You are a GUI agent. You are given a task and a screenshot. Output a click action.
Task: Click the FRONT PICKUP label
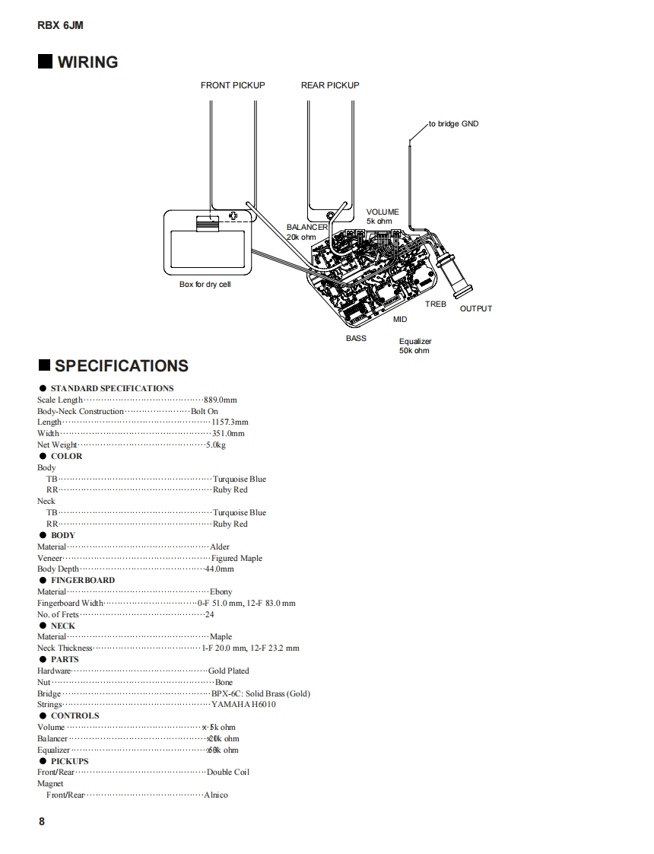(x=233, y=85)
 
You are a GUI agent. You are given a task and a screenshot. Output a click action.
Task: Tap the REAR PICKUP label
(x=330, y=85)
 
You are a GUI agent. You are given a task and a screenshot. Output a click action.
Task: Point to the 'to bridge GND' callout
(x=453, y=123)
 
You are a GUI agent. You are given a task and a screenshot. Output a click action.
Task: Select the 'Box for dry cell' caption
(x=205, y=284)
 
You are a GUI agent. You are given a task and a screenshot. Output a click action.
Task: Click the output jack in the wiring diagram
(x=455, y=276)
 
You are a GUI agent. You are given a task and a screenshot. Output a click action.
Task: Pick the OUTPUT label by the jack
(x=476, y=308)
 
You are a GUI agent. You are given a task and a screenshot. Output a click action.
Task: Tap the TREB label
(x=436, y=304)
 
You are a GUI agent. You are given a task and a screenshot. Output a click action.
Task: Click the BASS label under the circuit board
(x=356, y=338)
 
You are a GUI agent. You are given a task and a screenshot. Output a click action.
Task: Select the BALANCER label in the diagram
(x=307, y=227)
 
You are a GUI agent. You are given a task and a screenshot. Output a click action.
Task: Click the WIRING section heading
(x=87, y=62)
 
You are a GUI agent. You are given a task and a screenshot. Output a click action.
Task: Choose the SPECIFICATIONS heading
(x=121, y=365)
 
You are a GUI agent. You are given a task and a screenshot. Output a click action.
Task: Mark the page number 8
(x=41, y=821)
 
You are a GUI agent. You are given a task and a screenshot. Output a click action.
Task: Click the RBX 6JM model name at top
(x=60, y=25)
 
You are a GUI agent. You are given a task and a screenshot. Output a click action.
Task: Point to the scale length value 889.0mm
(x=221, y=400)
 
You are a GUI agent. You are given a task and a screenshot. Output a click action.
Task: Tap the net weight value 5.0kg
(x=216, y=445)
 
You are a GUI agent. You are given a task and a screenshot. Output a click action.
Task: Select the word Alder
(x=219, y=546)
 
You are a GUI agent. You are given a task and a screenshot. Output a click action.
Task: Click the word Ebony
(x=221, y=591)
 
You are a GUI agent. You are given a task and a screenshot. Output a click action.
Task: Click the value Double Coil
(x=227, y=772)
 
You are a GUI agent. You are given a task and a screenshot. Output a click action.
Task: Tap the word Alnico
(x=216, y=795)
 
